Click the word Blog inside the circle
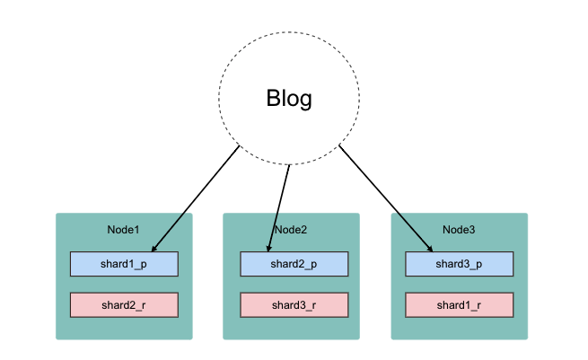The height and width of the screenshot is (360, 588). click(289, 98)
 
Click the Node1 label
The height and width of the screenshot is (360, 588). click(123, 230)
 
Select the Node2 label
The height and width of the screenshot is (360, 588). click(291, 230)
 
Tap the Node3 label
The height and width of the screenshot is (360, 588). click(459, 230)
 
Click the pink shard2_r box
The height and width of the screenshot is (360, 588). click(124, 305)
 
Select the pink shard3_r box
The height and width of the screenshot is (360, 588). click(291, 305)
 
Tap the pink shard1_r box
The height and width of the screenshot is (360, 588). click(459, 305)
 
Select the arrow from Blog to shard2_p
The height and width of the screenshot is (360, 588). click(280, 206)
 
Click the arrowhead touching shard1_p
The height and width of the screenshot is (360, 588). click(155, 248)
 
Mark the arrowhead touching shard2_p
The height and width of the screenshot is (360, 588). click(270, 248)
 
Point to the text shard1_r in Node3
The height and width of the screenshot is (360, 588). click(459, 305)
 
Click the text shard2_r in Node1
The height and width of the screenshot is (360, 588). click(124, 305)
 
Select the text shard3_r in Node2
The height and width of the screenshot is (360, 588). click(291, 305)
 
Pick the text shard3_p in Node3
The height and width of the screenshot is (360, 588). click(459, 264)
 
